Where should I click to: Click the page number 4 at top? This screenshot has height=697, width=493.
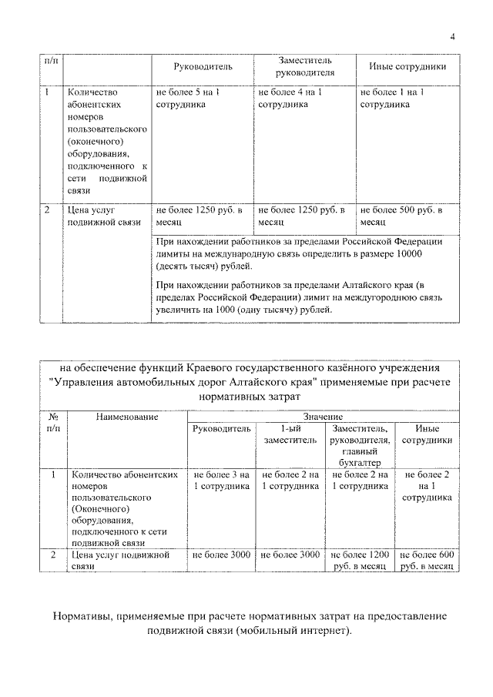point(453,36)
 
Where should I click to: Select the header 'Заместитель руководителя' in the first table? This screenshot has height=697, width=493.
point(305,67)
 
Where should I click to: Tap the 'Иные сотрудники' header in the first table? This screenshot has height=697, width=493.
point(407,67)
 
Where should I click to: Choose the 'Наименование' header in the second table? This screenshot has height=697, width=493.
point(127,417)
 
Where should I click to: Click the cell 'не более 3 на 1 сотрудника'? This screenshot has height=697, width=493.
point(221,481)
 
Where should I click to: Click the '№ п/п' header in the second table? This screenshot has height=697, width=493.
point(52,421)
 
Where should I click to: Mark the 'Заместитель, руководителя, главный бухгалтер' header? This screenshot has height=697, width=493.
point(360,444)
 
